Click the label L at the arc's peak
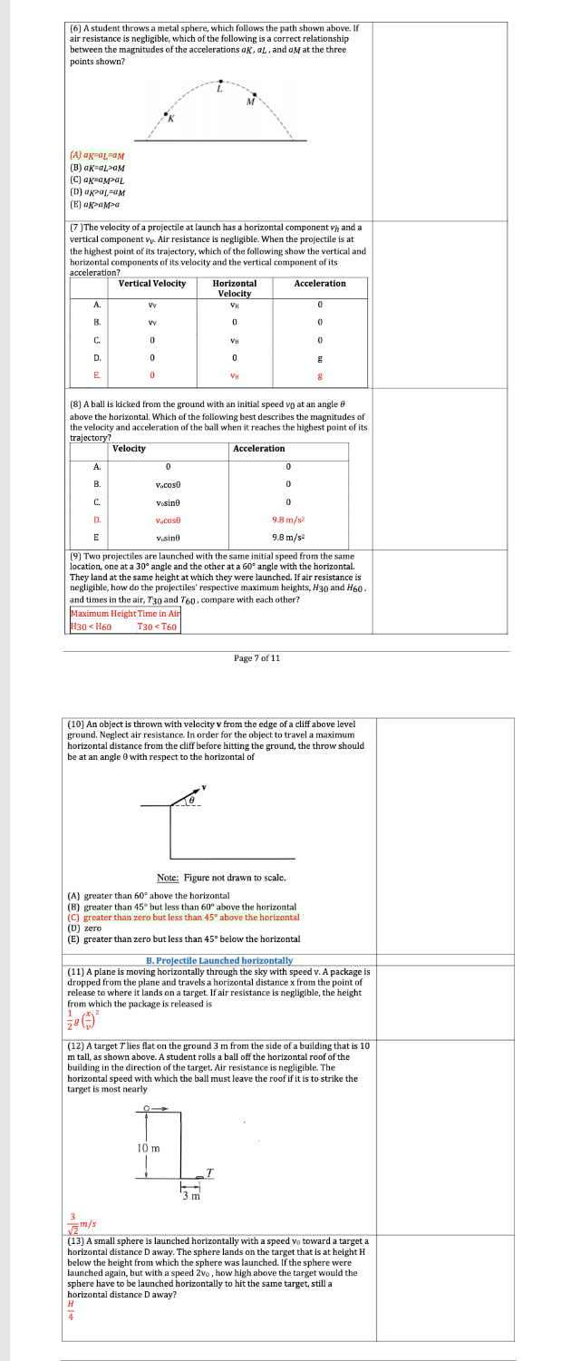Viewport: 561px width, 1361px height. click(218, 88)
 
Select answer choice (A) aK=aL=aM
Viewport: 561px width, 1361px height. click(97, 156)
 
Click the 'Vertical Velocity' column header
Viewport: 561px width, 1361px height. click(152, 284)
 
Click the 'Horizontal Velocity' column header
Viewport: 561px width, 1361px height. click(235, 288)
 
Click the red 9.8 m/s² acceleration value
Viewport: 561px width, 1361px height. click(286, 520)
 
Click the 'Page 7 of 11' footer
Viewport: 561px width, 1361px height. click(257, 658)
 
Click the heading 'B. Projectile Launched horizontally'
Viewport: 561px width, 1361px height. click(219, 960)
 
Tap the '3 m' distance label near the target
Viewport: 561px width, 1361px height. click(189, 1197)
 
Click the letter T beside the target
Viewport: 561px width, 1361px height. click(208, 1173)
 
